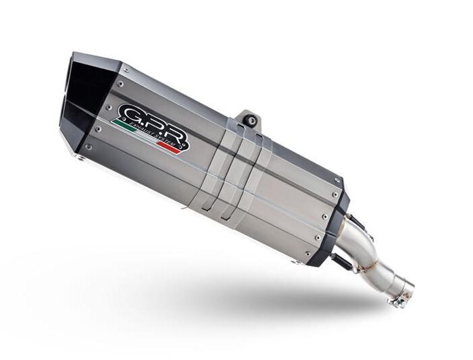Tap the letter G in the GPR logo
click(x=129, y=112)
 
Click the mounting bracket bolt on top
click(x=252, y=120)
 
